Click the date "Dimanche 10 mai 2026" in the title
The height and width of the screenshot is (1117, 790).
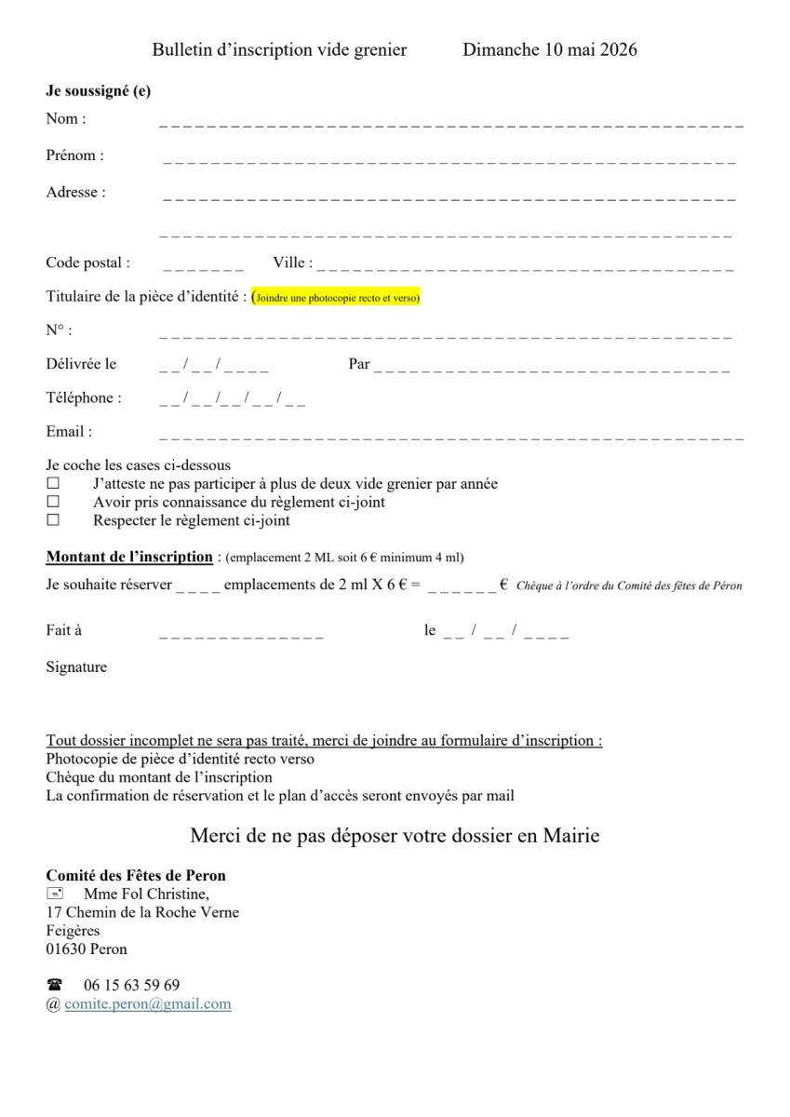click(x=549, y=50)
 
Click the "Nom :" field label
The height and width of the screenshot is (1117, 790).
click(x=66, y=119)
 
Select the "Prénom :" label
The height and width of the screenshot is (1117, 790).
click(x=75, y=155)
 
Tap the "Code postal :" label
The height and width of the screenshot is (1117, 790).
click(x=88, y=263)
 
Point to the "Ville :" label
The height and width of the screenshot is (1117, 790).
click(x=292, y=263)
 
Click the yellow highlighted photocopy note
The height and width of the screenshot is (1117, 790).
click(x=337, y=298)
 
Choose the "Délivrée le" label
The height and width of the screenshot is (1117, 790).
click(x=82, y=364)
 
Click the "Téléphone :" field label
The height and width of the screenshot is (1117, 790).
click(x=84, y=397)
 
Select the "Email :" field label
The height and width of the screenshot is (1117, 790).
click(x=70, y=432)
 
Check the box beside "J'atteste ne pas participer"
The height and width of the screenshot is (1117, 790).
click(x=53, y=484)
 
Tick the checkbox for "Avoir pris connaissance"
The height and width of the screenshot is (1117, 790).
click(x=53, y=503)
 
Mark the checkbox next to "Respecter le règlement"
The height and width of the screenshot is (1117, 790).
click(x=53, y=521)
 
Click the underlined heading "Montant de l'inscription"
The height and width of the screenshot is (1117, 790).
click(x=129, y=557)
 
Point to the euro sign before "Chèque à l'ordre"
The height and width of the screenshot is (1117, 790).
click(x=503, y=585)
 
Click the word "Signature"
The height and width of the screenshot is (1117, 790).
click(x=76, y=667)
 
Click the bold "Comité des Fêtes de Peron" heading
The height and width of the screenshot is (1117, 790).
click(x=136, y=876)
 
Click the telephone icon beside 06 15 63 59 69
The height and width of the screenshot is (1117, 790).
click(x=54, y=985)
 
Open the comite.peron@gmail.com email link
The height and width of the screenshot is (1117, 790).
click(x=147, y=1004)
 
